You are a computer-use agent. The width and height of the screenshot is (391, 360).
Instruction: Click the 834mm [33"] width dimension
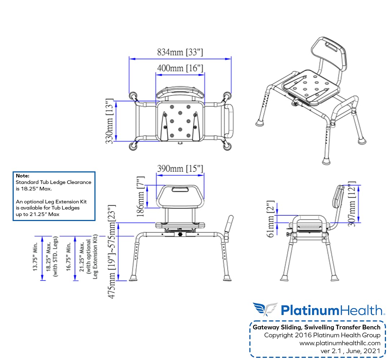180,53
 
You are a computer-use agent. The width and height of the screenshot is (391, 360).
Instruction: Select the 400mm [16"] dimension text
180,68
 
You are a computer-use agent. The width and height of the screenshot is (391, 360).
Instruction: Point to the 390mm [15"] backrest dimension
180,168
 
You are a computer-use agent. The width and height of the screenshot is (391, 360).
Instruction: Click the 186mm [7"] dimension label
141,196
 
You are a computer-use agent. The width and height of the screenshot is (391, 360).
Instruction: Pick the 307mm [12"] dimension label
352,204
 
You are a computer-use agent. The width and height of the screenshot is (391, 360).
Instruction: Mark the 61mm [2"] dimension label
271,219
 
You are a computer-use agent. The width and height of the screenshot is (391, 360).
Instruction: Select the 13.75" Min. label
36,258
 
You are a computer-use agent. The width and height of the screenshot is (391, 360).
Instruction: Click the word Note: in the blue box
22,176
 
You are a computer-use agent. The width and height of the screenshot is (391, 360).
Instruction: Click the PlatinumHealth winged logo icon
265,309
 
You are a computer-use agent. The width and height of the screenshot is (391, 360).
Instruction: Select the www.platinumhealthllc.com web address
340,343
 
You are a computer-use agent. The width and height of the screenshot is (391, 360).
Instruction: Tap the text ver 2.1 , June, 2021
350,351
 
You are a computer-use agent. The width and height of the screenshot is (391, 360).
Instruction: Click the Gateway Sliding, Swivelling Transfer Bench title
316,327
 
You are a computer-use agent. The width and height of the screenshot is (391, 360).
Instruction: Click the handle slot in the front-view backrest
180,189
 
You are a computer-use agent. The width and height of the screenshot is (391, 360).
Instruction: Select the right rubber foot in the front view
227,278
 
